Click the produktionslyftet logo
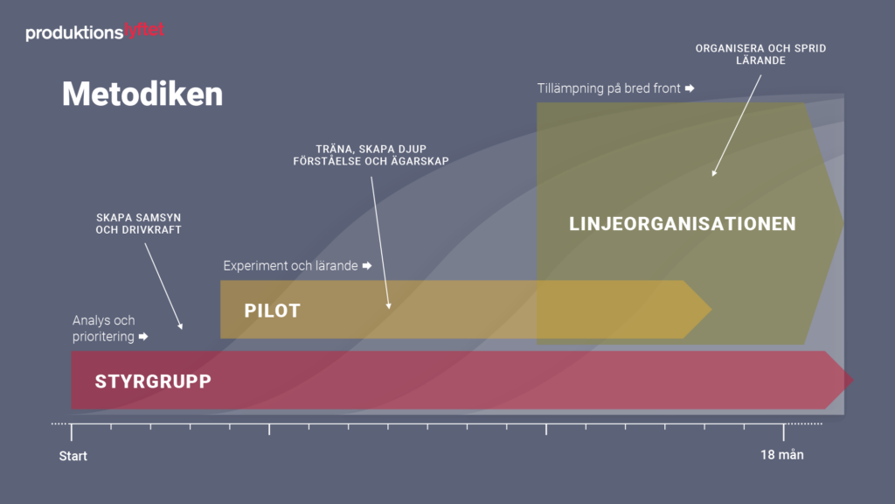(94, 32)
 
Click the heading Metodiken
(142, 94)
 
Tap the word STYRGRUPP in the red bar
(153, 381)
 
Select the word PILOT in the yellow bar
(272, 311)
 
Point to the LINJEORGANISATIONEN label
(683, 224)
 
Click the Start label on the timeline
(73, 456)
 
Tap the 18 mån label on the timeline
(781, 455)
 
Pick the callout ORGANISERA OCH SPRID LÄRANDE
(760, 54)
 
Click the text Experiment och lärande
(290, 266)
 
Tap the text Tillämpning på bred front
(609, 88)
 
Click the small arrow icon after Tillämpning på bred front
(690, 88)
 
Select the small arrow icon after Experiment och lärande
(367, 266)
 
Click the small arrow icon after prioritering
(143, 337)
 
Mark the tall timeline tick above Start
(72, 431)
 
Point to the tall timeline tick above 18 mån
(783, 431)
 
